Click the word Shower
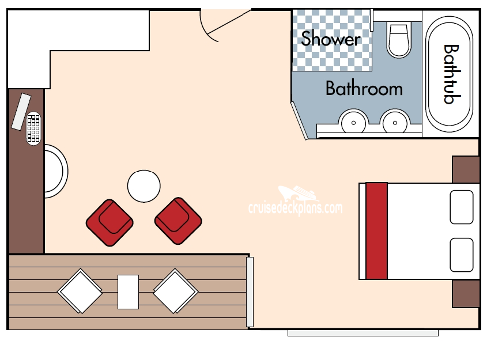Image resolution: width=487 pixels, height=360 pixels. [331, 39]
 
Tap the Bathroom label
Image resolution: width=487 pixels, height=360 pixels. [364, 89]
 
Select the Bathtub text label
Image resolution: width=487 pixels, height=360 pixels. [451, 74]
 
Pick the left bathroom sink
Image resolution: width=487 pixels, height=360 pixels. [352, 122]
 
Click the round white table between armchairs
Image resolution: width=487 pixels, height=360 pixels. [144, 186]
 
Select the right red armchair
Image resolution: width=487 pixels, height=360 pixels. [178, 221]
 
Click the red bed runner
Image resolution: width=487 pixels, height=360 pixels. [376, 231]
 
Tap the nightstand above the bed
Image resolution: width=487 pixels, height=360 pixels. [466, 169]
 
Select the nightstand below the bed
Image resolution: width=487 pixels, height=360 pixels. [466, 293]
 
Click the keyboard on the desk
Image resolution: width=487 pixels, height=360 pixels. [33, 128]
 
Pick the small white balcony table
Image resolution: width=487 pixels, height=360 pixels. [128, 291]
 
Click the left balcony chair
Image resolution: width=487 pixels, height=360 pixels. [80, 291]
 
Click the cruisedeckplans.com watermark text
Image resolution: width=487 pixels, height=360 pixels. [295, 208]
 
